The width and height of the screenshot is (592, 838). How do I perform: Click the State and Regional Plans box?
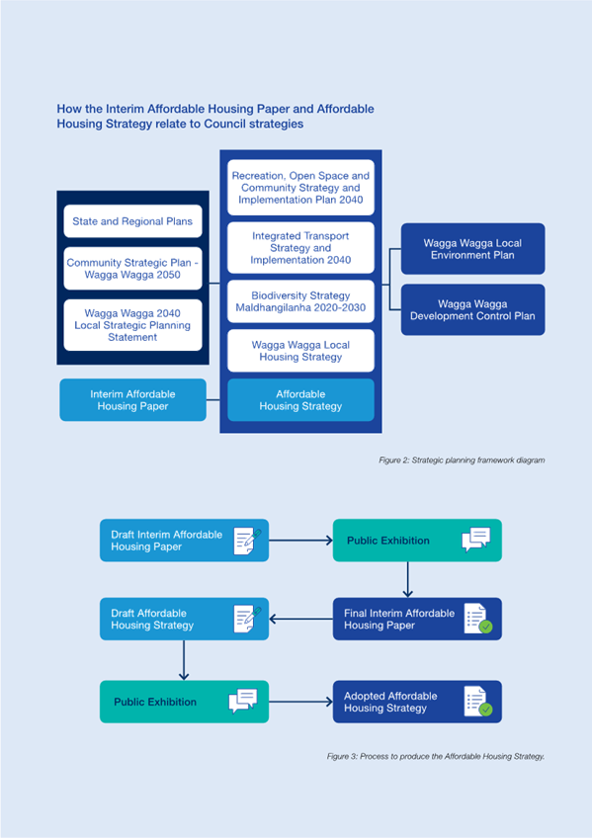pos(132,221)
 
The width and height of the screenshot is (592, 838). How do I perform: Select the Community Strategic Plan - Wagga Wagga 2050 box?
pos(132,268)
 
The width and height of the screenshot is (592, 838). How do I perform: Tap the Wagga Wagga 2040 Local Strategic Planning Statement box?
pos(132,325)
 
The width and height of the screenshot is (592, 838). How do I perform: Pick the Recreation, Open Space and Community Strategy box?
pos(300,188)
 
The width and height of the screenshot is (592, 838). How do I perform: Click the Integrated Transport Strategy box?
pos(300,248)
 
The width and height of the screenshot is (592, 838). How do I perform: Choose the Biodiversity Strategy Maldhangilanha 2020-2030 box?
pos(300,301)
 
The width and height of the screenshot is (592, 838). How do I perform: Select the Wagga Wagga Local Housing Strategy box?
pos(300,351)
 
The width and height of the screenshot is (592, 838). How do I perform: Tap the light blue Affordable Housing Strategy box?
pos(300,400)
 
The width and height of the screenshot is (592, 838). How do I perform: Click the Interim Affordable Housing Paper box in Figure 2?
pos(132,400)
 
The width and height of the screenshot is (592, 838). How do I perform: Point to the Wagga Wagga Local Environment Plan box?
pos(472,249)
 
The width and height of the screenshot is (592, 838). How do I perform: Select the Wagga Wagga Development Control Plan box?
pos(472,310)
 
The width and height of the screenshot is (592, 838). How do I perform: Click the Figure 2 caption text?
pos(462,461)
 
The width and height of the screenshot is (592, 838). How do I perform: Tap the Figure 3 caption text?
pos(436,756)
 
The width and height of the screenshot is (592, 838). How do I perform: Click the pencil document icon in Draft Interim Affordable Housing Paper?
pos(247,541)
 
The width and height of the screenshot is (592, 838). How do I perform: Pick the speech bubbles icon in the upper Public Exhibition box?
pos(476,540)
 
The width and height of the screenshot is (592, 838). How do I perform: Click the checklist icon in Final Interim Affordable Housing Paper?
pos(478,619)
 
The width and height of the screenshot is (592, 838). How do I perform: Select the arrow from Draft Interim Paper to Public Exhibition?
pos(300,541)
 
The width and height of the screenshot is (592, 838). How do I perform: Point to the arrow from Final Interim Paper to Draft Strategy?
pos(300,620)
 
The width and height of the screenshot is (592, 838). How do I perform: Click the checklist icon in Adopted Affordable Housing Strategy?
pos(478,702)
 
